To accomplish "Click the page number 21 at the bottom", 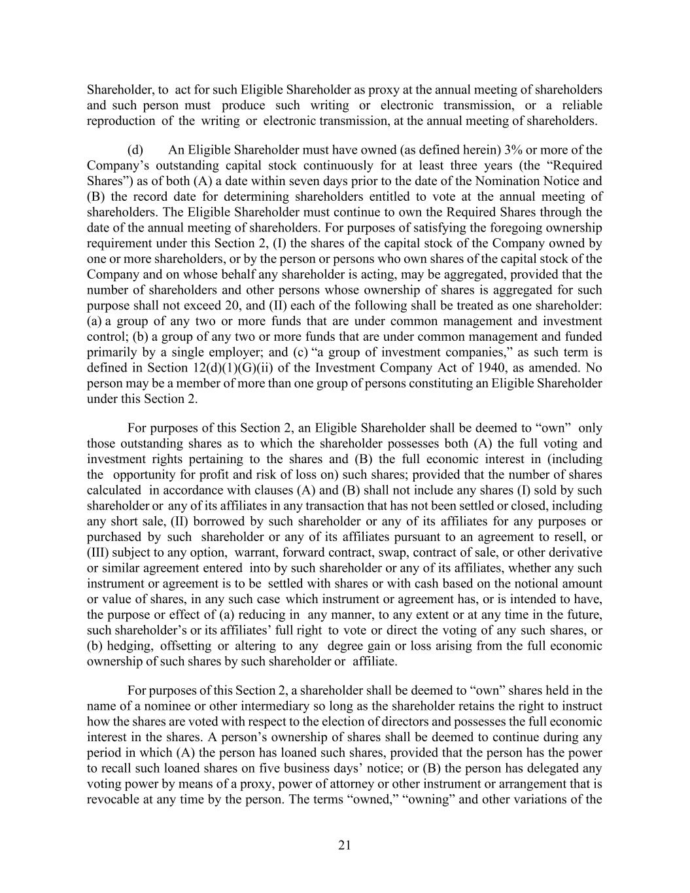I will click(345, 845).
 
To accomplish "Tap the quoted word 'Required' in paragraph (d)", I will click(576, 166).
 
